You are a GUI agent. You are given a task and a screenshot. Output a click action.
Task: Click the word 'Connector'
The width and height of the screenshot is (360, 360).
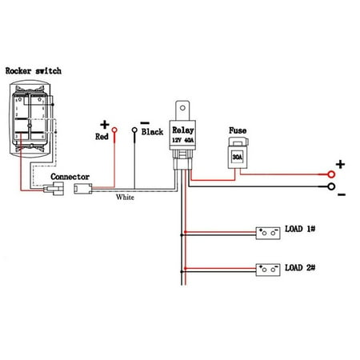point(70,177)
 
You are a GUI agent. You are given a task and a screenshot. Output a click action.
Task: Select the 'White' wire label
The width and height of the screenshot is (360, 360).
point(126,197)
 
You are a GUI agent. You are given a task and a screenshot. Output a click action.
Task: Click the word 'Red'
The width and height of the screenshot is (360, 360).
point(101,136)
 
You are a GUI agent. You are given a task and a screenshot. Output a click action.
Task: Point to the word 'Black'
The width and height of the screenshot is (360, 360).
point(152,131)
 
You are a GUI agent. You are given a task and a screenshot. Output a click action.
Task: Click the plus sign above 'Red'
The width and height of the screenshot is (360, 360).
point(104,123)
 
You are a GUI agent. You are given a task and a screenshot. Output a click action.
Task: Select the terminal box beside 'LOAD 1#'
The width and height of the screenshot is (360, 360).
point(266,234)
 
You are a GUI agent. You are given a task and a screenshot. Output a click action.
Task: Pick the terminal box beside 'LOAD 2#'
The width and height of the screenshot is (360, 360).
point(266,269)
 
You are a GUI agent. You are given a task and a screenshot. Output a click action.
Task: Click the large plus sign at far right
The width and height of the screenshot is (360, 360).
point(340,166)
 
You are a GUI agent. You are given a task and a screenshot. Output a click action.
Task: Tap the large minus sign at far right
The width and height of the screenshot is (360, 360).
point(341,194)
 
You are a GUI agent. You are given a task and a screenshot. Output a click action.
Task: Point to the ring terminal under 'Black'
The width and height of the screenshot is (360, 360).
point(134,130)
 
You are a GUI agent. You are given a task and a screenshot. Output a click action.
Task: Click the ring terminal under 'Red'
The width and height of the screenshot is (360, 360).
point(114,130)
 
